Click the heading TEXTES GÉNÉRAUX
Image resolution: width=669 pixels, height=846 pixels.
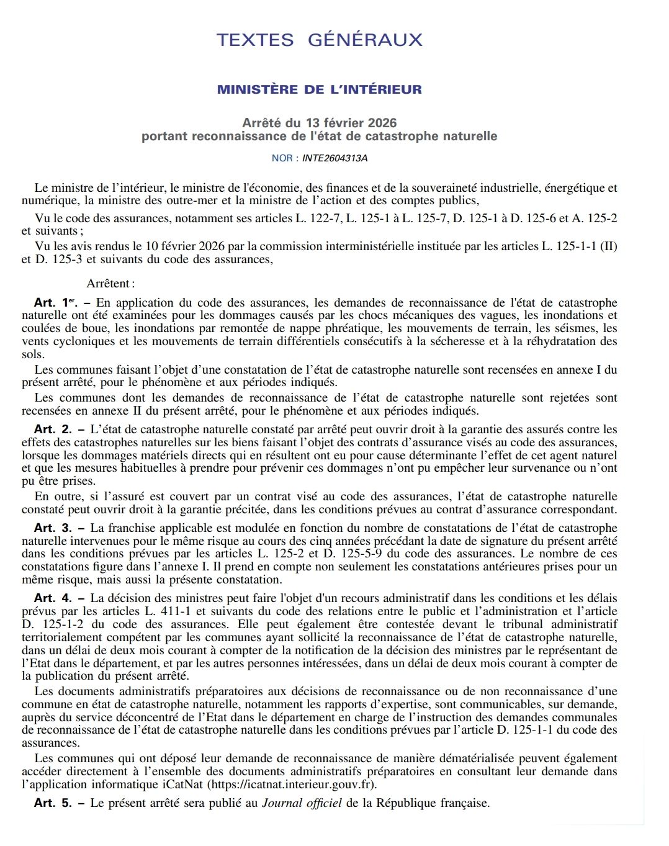click(319, 40)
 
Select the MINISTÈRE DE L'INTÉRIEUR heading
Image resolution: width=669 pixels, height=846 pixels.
click(319, 89)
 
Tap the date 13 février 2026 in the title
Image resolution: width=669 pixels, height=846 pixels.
click(350, 123)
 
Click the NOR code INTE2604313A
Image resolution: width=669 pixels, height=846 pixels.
click(334, 158)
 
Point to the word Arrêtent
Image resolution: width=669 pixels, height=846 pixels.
click(109, 284)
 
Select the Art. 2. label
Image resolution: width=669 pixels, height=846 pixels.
click(53, 429)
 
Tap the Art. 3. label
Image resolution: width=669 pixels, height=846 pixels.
click(53, 528)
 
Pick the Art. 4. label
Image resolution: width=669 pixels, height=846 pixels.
click(53, 598)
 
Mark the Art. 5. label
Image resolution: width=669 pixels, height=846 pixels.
click(53, 803)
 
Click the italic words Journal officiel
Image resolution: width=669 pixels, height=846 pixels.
click(302, 803)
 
